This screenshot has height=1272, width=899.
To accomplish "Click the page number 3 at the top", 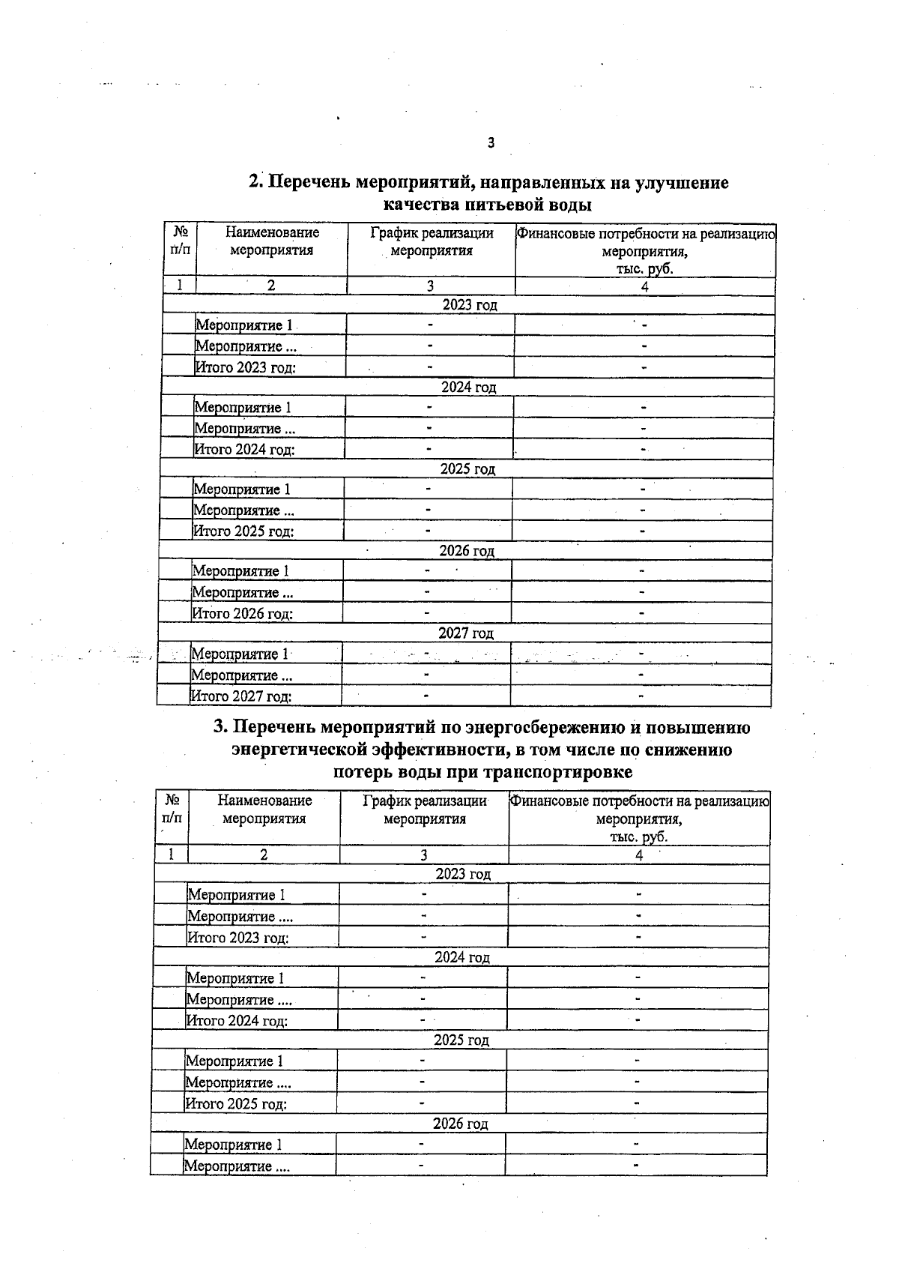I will (491, 142).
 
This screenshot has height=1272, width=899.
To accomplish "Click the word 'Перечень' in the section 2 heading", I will (308, 182).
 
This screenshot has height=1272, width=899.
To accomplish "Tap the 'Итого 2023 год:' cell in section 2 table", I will (245, 367).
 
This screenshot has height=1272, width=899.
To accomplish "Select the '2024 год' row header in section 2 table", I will (469, 388).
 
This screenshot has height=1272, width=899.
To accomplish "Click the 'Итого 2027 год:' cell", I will (240, 696).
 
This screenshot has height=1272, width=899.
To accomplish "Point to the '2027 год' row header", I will (466, 633).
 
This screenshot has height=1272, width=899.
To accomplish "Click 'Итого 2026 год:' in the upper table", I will (242, 614).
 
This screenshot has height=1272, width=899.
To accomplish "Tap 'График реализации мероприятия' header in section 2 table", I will (432, 242).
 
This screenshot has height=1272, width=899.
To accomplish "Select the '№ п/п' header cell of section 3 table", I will (172, 810).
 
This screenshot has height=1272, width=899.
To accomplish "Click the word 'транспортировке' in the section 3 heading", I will (567, 771).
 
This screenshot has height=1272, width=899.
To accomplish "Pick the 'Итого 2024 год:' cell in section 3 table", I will (237, 1021).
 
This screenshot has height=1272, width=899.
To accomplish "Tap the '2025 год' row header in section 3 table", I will (461, 1040).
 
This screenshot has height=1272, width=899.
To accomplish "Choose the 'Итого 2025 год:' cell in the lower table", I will (236, 1104).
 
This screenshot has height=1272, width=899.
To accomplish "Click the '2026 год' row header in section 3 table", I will (461, 1124).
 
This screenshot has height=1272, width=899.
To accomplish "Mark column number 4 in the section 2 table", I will (644, 286).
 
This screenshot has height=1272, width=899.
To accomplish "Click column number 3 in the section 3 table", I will (424, 855).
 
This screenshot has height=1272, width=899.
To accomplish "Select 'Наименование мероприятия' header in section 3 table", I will (264, 810).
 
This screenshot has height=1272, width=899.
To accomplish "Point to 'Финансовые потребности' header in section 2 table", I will (645, 250).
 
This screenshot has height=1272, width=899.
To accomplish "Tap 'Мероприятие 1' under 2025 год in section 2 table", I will (242, 489).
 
